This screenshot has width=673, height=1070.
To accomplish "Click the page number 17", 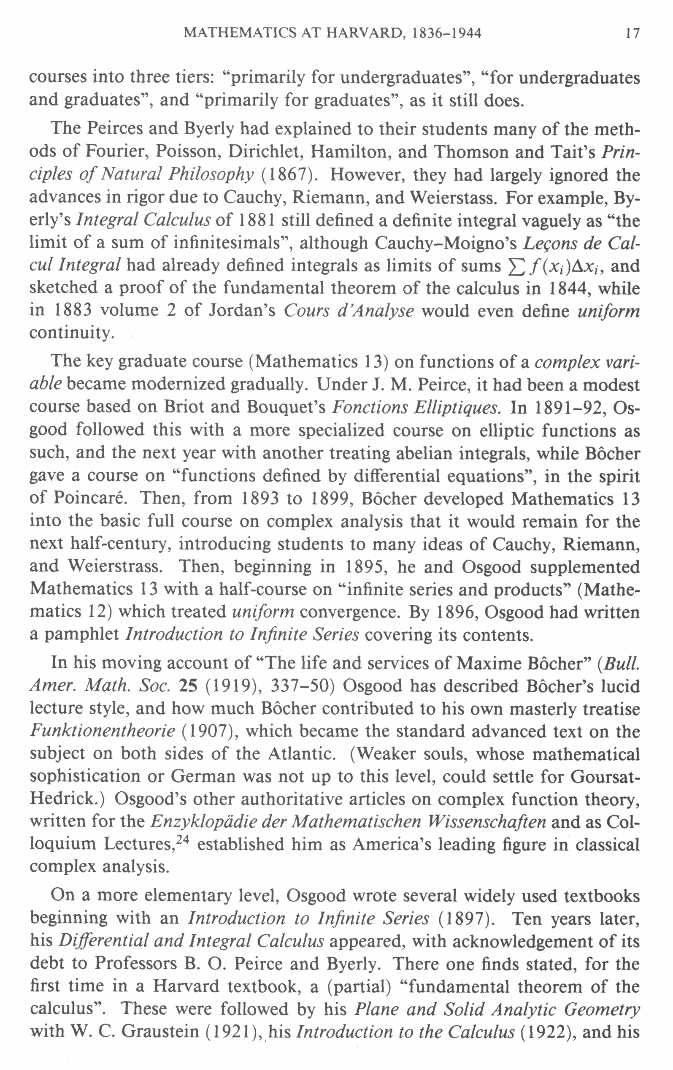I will coord(632,33).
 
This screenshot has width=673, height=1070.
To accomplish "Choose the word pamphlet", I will coord(82,634).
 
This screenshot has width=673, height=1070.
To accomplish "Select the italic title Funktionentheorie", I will coord(102,731).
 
